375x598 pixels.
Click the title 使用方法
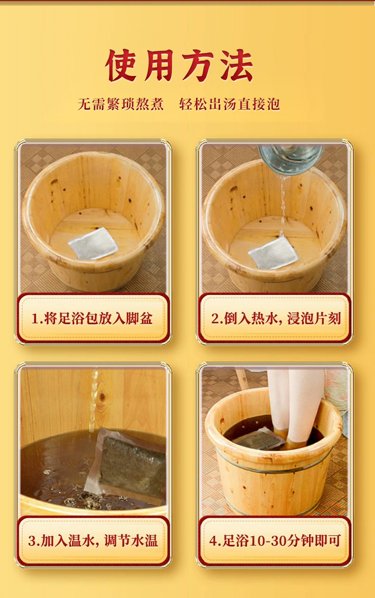coord(179,66)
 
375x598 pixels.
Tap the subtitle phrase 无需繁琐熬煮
coord(121,104)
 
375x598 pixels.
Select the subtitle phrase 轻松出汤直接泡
coord(230,104)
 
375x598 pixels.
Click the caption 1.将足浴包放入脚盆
coord(92,318)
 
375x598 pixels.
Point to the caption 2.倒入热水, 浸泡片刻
coord(276,318)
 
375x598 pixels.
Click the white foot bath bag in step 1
coord(93,243)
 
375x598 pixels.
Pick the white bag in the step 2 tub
coord(273,252)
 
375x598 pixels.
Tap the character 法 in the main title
coord(236,66)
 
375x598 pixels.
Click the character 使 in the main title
coord(122,66)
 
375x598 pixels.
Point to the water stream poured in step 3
coord(94,400)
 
